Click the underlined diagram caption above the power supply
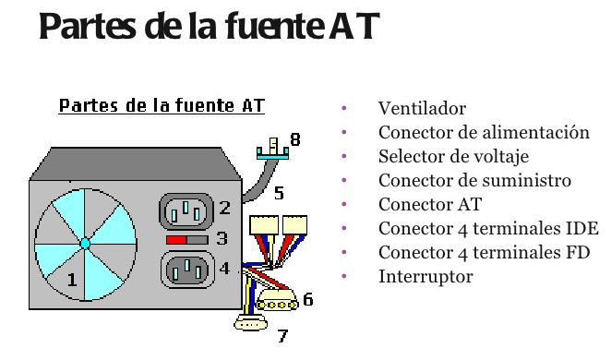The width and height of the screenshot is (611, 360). pos(162,106)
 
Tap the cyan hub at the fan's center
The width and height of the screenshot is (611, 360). pos(84,243)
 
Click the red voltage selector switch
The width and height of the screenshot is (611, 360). pos(176,239)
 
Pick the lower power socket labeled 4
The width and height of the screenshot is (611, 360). pos(188,270)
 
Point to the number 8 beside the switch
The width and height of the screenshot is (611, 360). pos(295,140)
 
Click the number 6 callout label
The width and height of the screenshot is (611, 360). pos(308,298)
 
